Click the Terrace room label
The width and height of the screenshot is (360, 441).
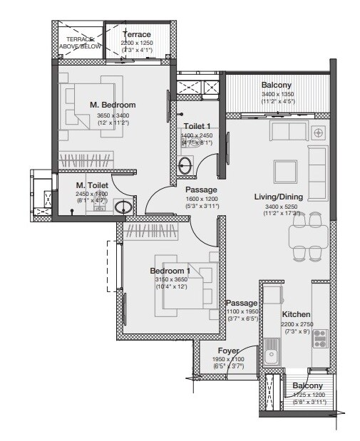[x=136, y=34]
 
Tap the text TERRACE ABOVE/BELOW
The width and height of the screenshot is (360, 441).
[x=81, y=43]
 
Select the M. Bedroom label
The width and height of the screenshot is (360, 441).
[x=112, y=105]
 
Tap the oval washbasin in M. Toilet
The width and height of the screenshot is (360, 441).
[x=122, y=208]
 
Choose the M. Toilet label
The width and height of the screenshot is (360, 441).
[x=91, y=185]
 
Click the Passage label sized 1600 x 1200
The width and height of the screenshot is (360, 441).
[x=201, y=190]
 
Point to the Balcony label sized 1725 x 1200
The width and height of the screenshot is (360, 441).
[x=307, y=385]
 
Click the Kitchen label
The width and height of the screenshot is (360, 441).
[x=295, y=313]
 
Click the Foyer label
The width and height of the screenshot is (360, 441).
[x=229, y=351]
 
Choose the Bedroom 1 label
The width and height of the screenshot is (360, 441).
[x=169, y=271]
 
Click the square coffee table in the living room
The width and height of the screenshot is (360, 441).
[x=287, y=172]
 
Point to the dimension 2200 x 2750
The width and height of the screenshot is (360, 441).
[x=296, y=323]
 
